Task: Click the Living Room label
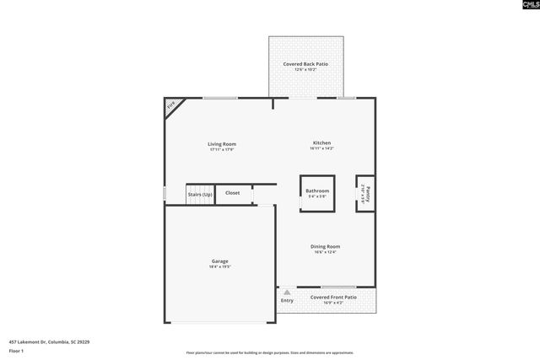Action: pyautogui.click(x=222, y=144)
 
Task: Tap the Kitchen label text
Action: pyautogui.click(x=321, y=143)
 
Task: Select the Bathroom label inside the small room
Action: pyautogui.click(x=317, y=191)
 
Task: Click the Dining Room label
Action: pyautogui.click(x=325, y=246)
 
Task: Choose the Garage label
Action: pyautogui.click(x=219, y=261)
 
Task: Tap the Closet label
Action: pyautogui.click(x=232, y=193)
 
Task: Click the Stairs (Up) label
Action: pyautogui.click(x=200, y=194)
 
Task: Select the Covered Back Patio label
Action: pyautogui.click(x=305, y=64)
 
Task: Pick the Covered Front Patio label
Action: pyautogui.click(x=333, y=297)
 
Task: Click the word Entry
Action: pyautogui.click(x=287, y=301)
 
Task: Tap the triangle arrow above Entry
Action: pyautogui.click(x=287, y=292)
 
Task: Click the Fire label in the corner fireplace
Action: pyautogui.click(x=170, y=105)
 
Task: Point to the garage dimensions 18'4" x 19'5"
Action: pyautogui.click(x=219, y=267)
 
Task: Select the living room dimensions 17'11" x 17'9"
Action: pyautogui.click(x=222, y=150)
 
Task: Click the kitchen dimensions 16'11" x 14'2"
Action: pyautogui.click(x=321, y=149)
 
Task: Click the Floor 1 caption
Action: pyautogui.click(x=17, y=351)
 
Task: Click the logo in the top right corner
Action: pyautogui.click(x=524, y=6)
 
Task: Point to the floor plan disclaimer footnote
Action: pyautogui.click(x=270, y=352)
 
